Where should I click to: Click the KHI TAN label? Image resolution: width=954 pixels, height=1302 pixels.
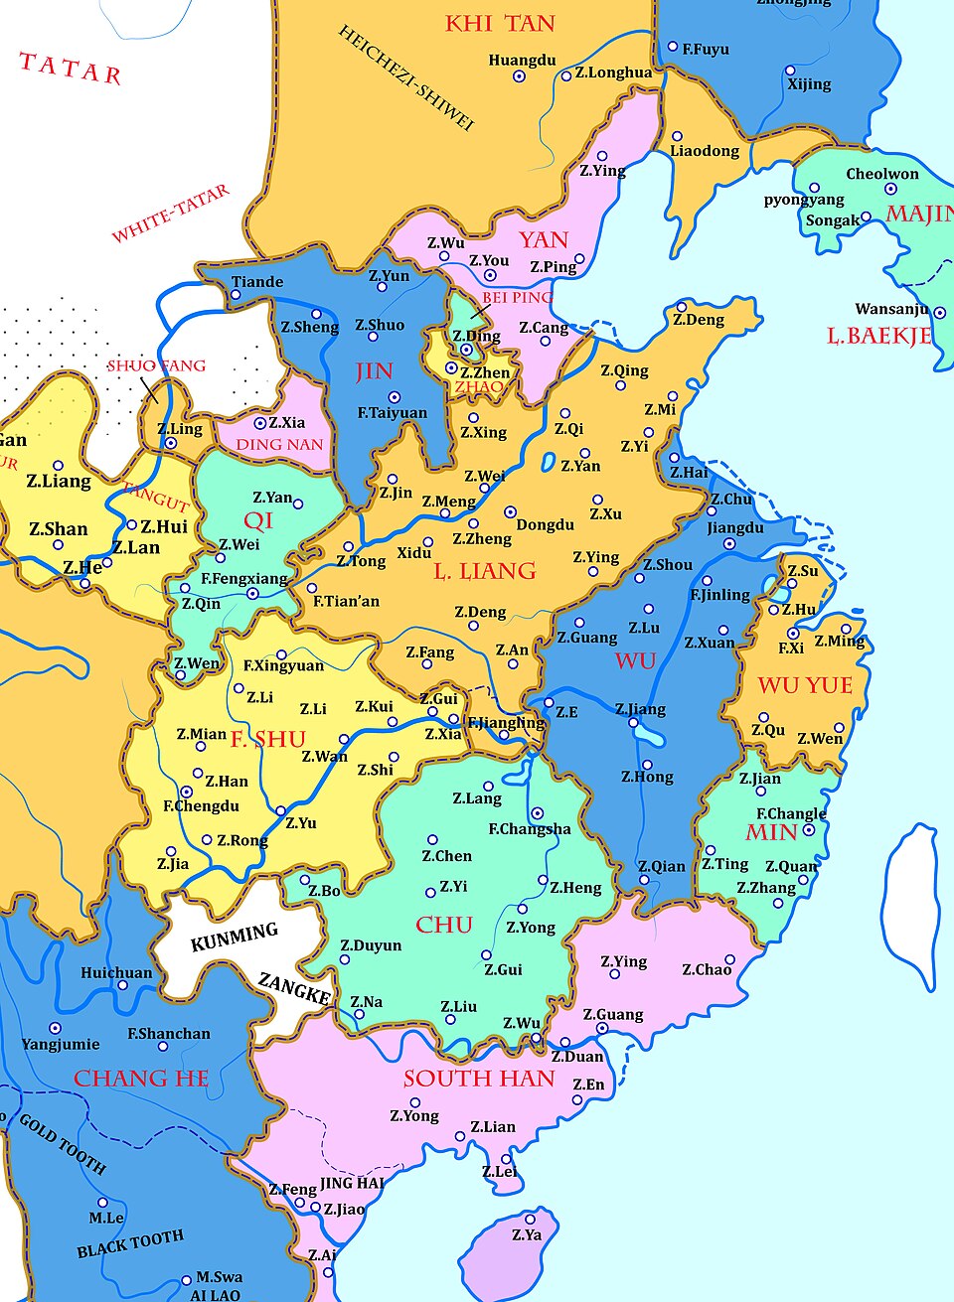pyautogui.click(x=500, y=24)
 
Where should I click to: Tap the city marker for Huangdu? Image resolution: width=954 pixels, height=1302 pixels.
pyautogui.click(x=519, y=76)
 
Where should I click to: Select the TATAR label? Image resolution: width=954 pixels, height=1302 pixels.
pyautogui.click(x=71, y=69)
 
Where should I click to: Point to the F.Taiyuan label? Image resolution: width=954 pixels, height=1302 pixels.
pyautogui.click(x=393, y=413)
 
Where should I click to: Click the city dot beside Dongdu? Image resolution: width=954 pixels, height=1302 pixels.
pyautogui.click(x=510, y=512)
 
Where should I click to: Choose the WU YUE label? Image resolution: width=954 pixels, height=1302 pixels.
pyautogui.click(x=805, y=685)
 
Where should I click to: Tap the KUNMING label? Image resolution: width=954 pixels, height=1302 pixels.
pyautogui.click(x=235, y=936)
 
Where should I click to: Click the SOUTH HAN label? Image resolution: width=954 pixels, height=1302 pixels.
pyautogui.click(x=479, y=1079)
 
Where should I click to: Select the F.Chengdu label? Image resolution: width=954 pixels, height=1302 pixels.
pyautogui.click(x=202, y=806)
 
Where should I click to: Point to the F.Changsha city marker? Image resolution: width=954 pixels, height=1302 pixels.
pyautogui.click(x=538, y=813)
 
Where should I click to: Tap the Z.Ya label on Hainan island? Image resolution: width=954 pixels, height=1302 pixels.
pyautogui.click(x=527, y=1235)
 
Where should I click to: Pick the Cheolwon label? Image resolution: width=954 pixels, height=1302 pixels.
pyautogui.click(x=882, y=174)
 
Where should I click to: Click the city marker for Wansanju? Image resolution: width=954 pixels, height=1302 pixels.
pyautogui.click(x=939, y=313)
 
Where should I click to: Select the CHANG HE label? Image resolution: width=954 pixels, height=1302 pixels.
pyautogui.click(x=141, y=1079)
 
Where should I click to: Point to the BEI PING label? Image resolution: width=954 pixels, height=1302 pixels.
pyautogui.click(x=517, y=297)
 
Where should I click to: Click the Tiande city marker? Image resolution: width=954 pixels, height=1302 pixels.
pyautogui.click(x=236, y=295)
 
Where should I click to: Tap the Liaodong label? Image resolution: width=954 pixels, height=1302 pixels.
pyautogui.click(x=705, y=151)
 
